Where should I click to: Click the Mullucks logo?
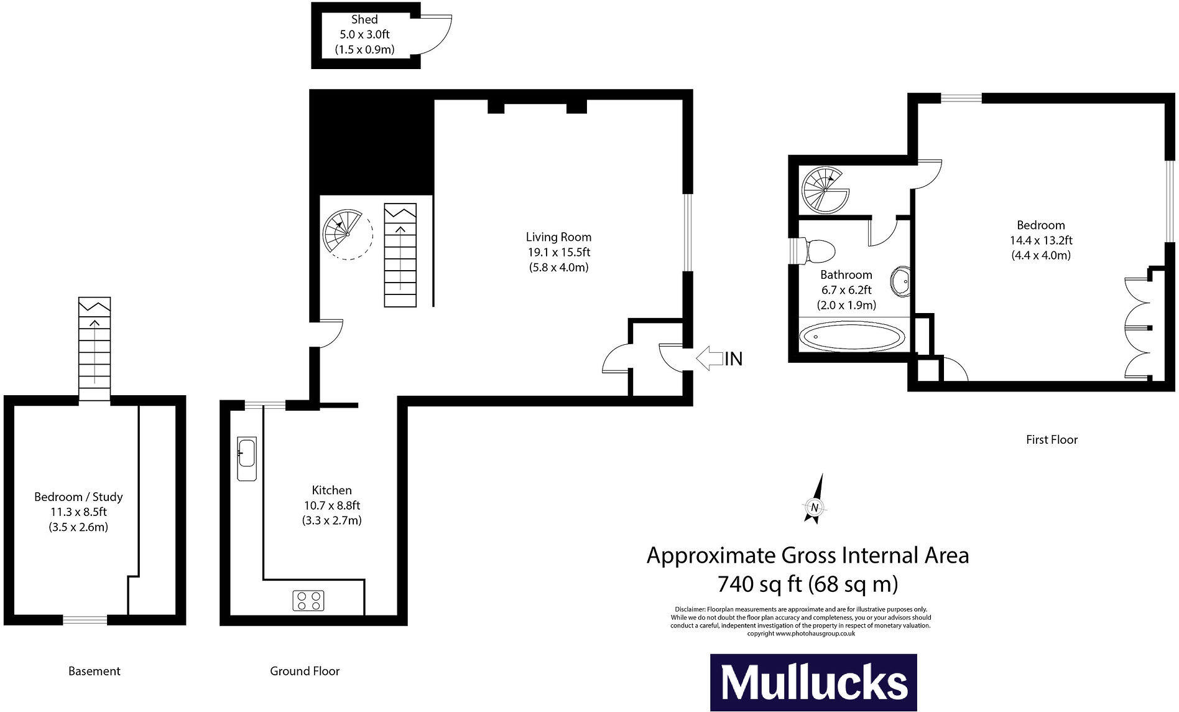click(x=813, y=683)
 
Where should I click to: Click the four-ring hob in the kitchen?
click(x=308, y=601)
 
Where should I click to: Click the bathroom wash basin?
click(x=900, y=281)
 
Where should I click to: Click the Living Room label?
click(x=558, y=237)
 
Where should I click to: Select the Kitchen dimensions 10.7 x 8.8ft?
click(x=332, y=505)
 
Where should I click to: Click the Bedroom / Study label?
click(x=78, y=497)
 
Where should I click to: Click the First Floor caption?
click(x=1052, y=440)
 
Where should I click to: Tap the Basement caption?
click(x=94, y=671)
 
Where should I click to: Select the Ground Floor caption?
click(x=305, y=671)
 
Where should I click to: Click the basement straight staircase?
click(x=95, y=349)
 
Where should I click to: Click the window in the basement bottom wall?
click(x=85, y=619)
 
